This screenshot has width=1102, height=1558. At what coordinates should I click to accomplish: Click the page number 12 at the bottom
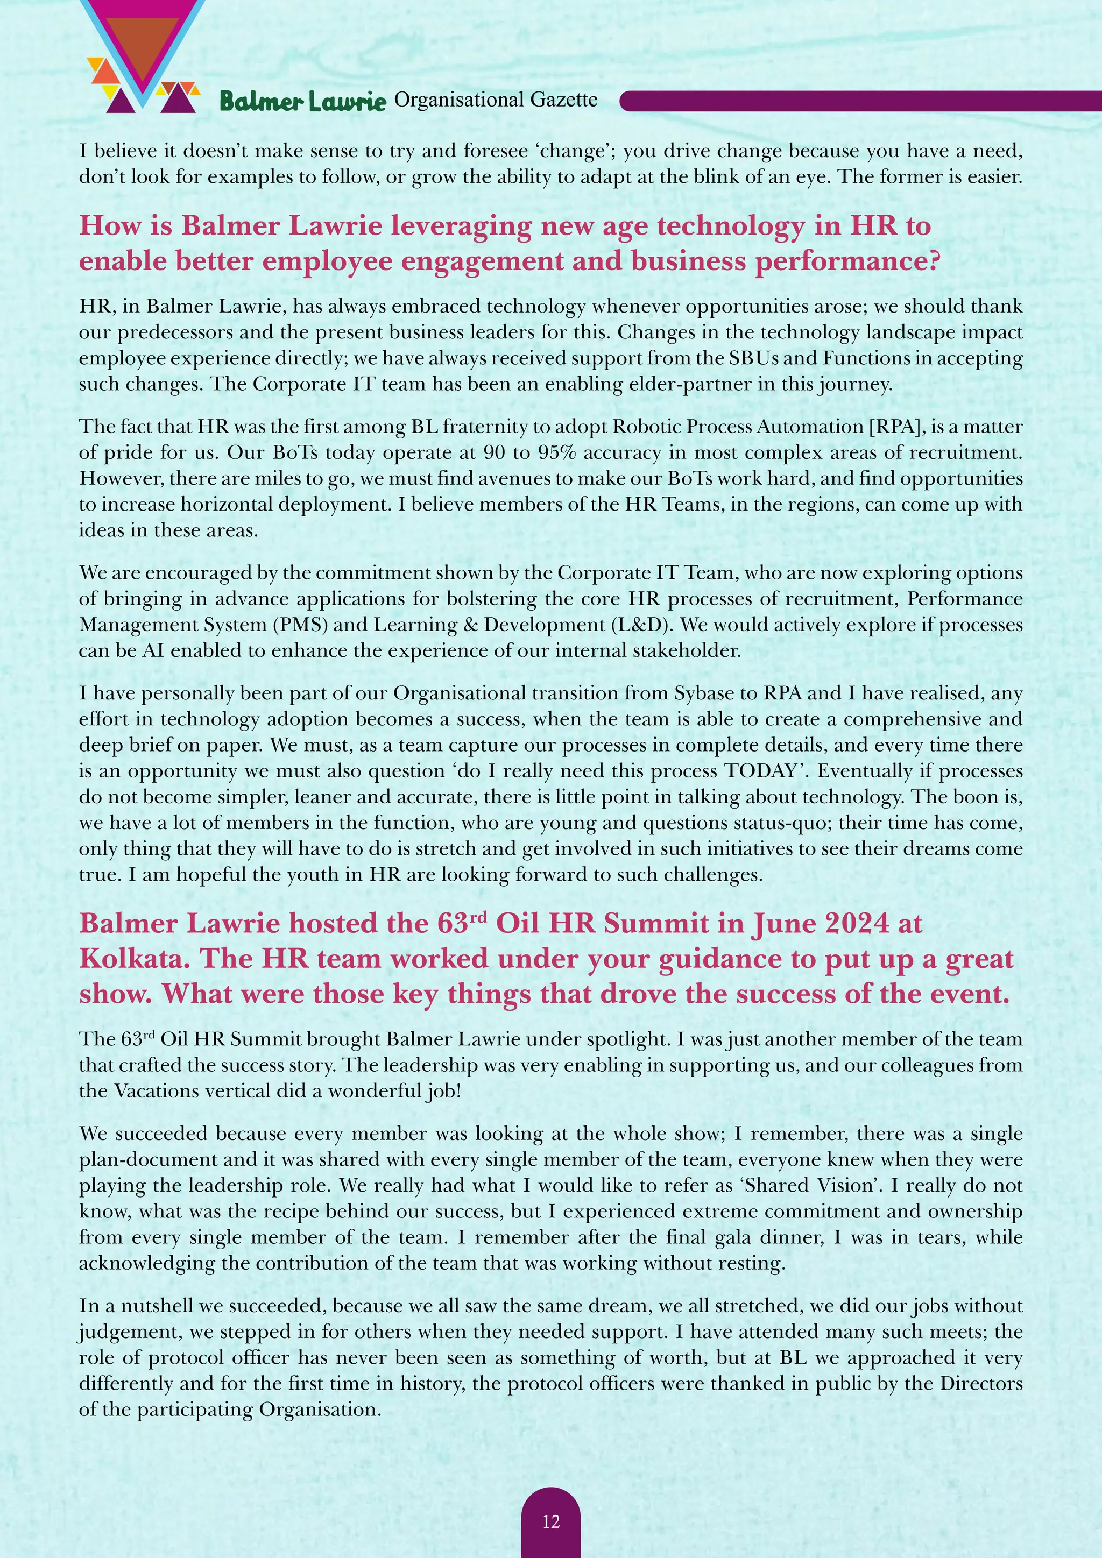(551, 1521)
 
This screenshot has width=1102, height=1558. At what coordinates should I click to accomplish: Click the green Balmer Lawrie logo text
(302, 102)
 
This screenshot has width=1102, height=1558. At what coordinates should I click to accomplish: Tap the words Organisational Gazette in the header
(496, 100)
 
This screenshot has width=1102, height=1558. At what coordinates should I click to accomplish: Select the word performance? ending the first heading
(847, 261)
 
